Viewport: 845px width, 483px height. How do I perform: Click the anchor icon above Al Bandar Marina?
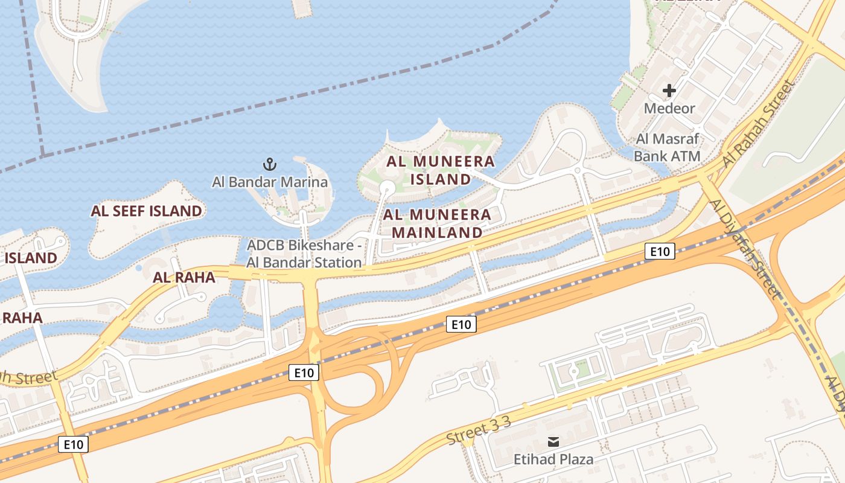tap(270, 164)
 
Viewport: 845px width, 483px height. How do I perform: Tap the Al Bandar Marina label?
tap(270, 182)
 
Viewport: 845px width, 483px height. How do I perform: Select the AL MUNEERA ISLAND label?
tap(441, 170)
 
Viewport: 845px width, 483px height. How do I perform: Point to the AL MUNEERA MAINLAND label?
tap(438, 223)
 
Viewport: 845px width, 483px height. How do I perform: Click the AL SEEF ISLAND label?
tap(147, 211)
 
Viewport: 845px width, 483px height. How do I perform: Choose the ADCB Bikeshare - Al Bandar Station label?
tap(304, 254)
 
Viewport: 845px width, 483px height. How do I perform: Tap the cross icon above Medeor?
tap(669, 91)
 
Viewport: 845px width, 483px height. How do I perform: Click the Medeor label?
tap(669, 109)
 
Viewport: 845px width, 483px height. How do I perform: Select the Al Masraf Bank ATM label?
tap(668, 147)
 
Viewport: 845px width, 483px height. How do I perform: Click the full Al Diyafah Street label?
tap(746, 248)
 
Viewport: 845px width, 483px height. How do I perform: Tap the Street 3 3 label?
tap(479, 430)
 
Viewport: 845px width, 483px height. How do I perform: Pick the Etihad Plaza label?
tap(553, 459)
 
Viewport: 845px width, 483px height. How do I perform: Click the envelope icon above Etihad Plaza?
tap(553, 442)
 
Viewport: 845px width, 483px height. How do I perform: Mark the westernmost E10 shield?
tap(74, 445)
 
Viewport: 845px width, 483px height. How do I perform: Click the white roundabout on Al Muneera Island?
tap(386, 189)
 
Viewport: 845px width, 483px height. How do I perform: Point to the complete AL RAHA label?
tap(184, 277)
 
